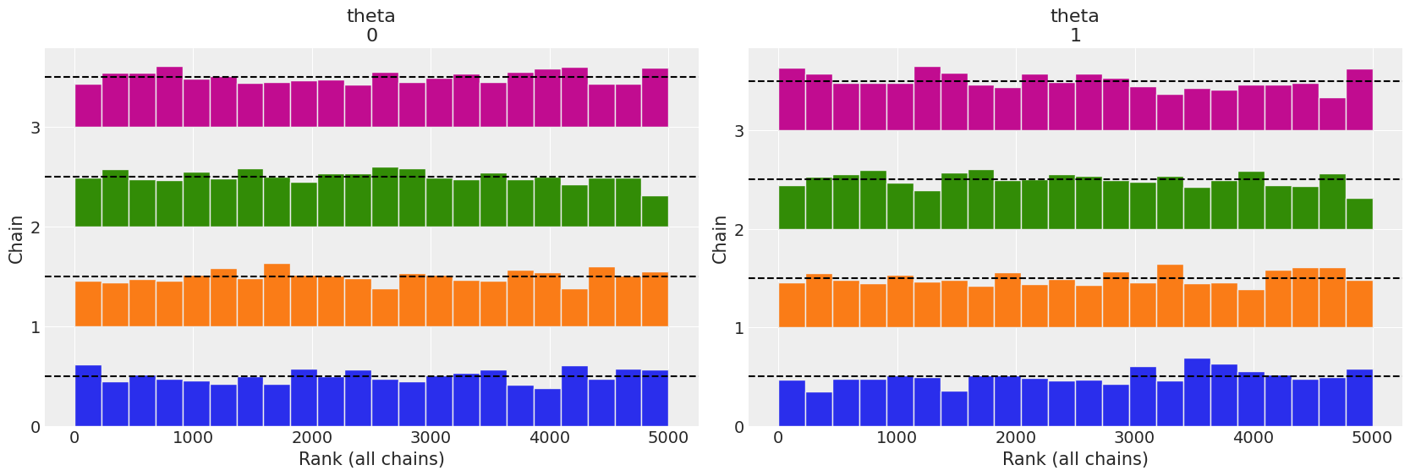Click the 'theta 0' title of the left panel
(x=371, y=25)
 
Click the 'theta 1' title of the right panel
(x=1075, y=25)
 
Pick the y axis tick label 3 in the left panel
(x=36, y=128)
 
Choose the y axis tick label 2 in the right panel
(x=739, y=229)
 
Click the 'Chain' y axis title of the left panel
(x=16, y=238)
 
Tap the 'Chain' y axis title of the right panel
(x=720, y=238)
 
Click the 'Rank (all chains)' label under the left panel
(x=371, y=459)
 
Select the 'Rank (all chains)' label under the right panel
(x=1075, y=459)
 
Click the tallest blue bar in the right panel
(x=1197, y=392)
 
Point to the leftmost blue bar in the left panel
(x=88, y=396)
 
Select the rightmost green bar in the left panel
(x=655, y=211)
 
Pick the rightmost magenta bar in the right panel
(x=1359, y=100)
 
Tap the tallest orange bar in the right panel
(x=1170, y=296)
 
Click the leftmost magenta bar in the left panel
(x=88, y=106)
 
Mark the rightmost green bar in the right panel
(x=1359, y=214)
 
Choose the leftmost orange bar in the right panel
(x=792, y=305)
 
